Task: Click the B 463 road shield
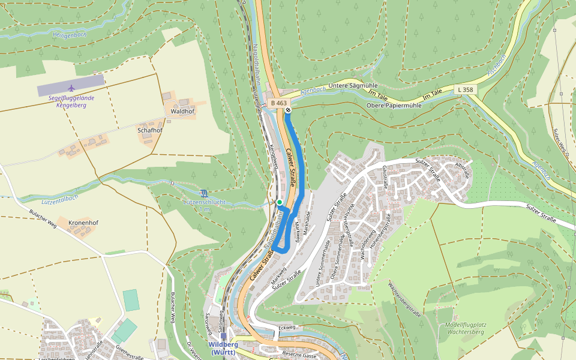278,103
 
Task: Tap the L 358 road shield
465,89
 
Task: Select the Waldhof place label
182,112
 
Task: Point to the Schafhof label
150,130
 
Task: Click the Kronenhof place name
83,223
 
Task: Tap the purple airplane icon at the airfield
71,88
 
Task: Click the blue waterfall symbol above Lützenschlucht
205,193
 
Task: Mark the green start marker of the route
280,202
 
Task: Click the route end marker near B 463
288,110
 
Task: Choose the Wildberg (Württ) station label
223,348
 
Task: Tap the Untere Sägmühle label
337,86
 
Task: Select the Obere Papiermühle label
394,106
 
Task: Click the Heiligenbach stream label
70,35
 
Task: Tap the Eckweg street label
287,328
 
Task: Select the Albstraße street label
463,169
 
